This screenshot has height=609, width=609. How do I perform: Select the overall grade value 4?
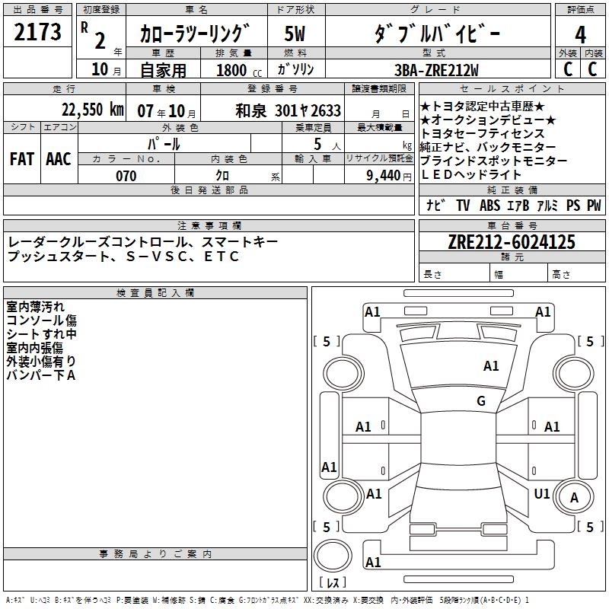click(x=580, y=34)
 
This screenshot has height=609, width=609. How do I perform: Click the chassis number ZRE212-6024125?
click(x=512, y=243)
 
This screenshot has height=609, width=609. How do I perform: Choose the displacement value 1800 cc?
click(x=238, y=70)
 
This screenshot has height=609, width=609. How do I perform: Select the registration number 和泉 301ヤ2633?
click(x=289, y=110)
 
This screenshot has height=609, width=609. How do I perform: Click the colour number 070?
click(x=126, y=176)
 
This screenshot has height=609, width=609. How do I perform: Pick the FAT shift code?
click(x=21, y=158)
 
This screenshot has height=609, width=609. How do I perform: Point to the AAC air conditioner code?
click(x=59, y=158)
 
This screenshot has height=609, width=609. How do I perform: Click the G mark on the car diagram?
click(x=481, y=400)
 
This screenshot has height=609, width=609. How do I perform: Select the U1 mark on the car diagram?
click(x=542, y=494)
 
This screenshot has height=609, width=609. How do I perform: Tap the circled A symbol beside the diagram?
click(x=575, y=498)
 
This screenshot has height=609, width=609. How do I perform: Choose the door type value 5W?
click(x=295, y=34)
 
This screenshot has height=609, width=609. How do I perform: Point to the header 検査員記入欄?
click(x=155, y=293)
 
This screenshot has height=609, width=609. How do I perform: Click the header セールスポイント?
click(x=512, y=89)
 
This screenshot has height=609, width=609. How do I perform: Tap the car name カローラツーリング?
click(x=195, y=34)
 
